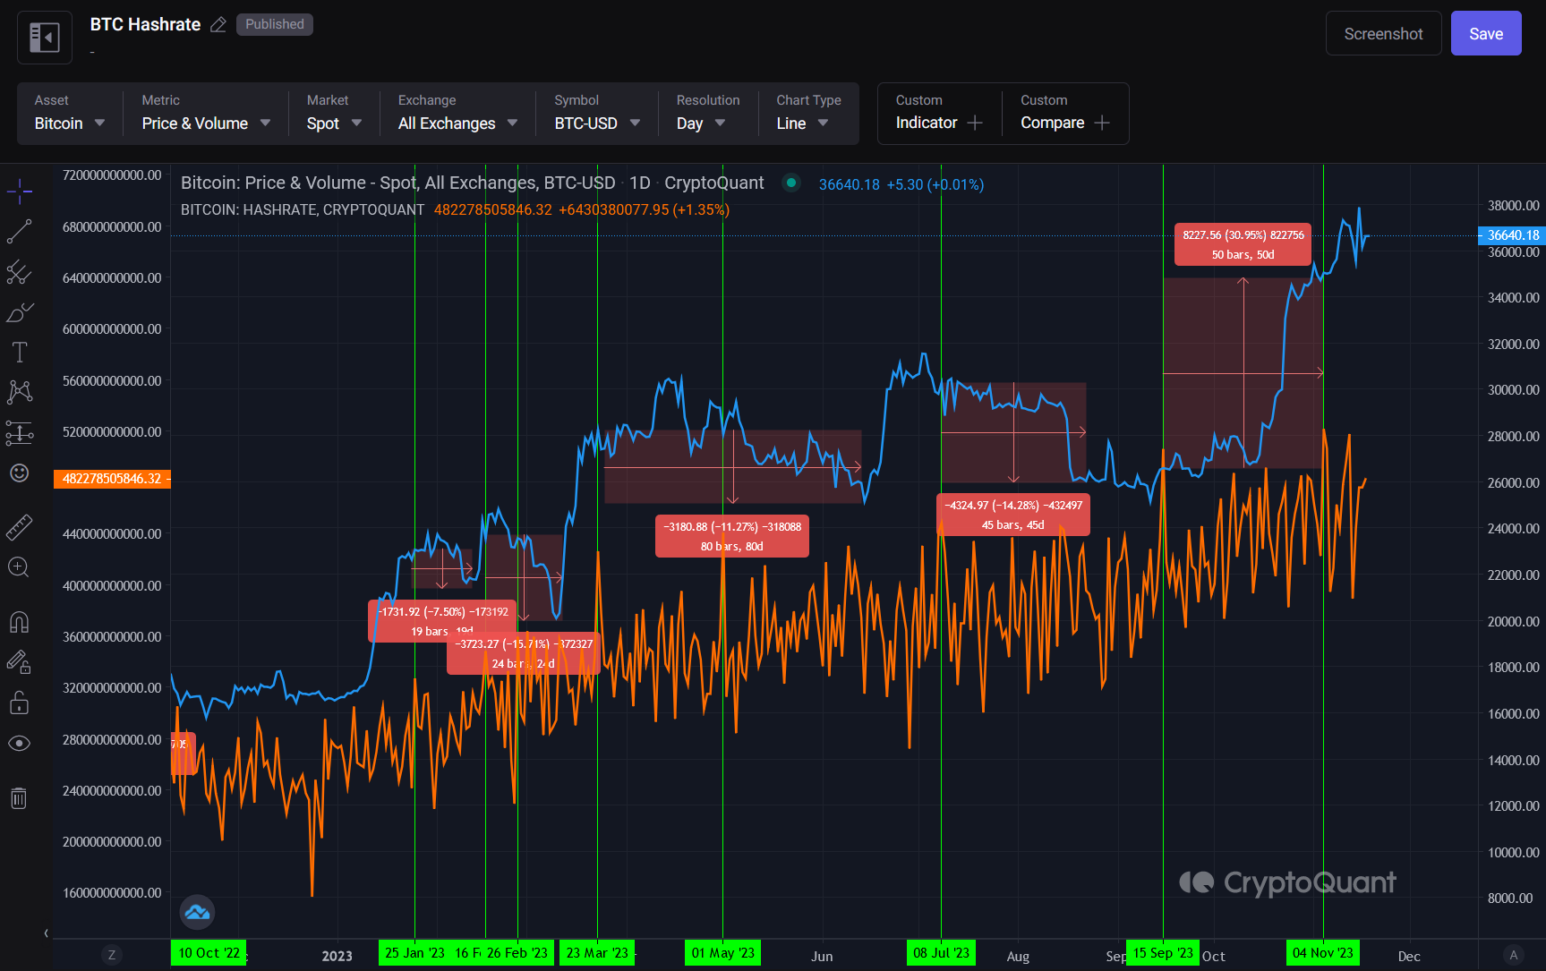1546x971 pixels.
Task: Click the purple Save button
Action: coord(1485,34)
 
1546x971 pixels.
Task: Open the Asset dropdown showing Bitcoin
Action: coord(69,123)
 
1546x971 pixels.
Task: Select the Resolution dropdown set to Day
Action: coord(700,123)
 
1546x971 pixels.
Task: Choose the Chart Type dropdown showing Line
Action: coord(801,123)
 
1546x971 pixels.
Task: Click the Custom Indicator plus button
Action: coord(975,123)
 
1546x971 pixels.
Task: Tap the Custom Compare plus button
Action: coord(1102,123)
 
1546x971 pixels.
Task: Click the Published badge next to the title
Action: coord(274,24)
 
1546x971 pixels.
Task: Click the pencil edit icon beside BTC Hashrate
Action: coord(218,25)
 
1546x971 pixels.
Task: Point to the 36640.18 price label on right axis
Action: coord(1512,235)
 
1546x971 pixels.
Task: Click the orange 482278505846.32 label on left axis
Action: coord(112,479)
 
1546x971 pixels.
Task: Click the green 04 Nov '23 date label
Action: coord(1322,953)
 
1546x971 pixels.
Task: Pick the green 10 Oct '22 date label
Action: coord(209,953)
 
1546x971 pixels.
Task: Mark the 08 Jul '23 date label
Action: coord(941,953)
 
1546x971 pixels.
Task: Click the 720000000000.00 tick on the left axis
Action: coord(112,175)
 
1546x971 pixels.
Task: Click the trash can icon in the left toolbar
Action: coord(19,797)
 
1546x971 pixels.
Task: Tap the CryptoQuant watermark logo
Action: coord(1287,883)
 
